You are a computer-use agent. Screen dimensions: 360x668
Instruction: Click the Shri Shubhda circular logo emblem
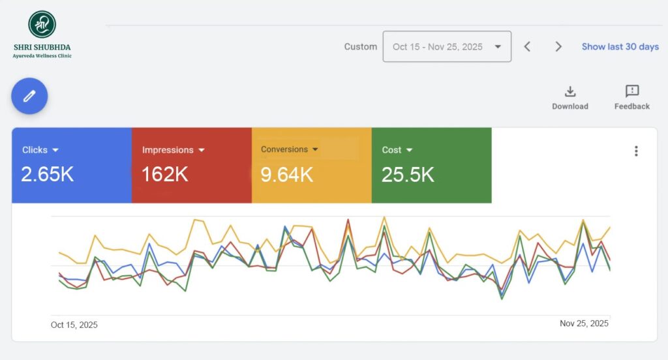42,24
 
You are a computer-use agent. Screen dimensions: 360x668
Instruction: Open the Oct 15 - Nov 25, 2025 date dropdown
447,47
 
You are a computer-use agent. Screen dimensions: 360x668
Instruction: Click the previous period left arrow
527,47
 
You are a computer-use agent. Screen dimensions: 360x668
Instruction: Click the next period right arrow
558,47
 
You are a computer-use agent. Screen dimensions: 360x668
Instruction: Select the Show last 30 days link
620,47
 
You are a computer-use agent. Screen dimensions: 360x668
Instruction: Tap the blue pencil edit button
29,96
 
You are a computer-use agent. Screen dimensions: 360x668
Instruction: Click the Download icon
569,91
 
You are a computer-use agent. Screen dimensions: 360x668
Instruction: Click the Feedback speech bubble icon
631,91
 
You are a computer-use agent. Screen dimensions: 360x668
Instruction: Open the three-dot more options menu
636,151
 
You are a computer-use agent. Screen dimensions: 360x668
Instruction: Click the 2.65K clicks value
47,175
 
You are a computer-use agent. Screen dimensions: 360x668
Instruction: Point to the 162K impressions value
165,175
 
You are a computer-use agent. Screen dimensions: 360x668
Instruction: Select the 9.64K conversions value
287,175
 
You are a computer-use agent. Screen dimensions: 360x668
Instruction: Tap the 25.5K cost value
408,175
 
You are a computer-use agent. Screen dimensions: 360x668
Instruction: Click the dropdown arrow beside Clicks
56,150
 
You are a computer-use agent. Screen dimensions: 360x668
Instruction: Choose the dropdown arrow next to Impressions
202,150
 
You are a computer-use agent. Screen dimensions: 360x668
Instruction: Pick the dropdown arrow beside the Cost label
410,150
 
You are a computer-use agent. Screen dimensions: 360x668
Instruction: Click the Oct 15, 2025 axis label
74,325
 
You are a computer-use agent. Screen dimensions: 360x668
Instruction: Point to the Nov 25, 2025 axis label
584,323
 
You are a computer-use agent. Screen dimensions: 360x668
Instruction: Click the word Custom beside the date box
361,47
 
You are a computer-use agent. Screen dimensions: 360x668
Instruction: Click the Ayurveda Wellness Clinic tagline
42,56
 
